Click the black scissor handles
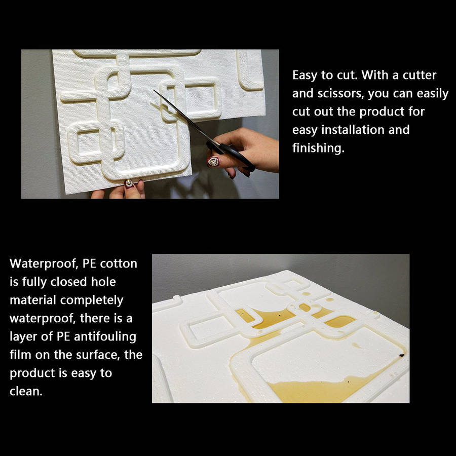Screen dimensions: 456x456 tap(233, 154)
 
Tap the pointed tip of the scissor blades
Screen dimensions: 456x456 tap(154, 91)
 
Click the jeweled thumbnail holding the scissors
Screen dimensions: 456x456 tap(213, 162)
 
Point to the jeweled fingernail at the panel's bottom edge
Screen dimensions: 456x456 tap(129, 183)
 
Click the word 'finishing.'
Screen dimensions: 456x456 tap(319, 148)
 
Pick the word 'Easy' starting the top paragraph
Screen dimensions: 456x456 tap(305, 75)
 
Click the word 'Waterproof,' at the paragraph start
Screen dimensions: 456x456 tap(44, 263)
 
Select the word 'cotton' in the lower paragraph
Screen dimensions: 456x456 tap(119, 263)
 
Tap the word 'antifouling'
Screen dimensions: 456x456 tap(105, 336)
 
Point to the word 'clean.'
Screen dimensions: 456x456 tap(26, 391)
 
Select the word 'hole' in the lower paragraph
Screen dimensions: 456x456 tap(103, 282)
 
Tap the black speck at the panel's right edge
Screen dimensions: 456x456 tap(402, 355)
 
